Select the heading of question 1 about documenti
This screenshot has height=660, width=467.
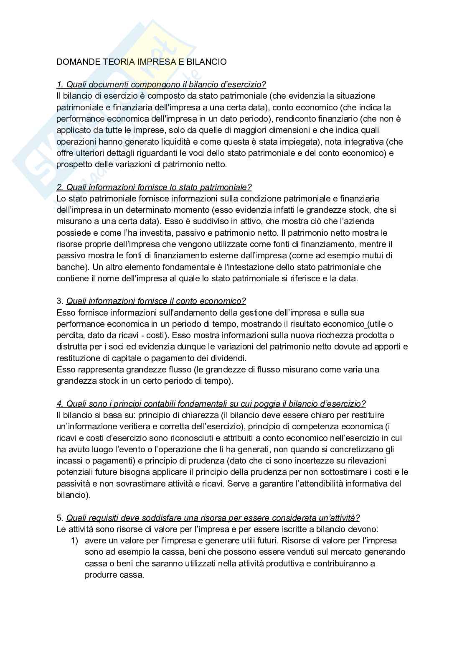pos(161,84)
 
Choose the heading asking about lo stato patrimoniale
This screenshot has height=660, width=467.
pos(154,187)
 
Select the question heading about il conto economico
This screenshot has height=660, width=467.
pos(156,301)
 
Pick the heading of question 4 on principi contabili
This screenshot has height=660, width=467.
pos(211,404)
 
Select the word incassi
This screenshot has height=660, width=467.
pos(70,461)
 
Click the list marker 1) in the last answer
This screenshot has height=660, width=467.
pos(74,540)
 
